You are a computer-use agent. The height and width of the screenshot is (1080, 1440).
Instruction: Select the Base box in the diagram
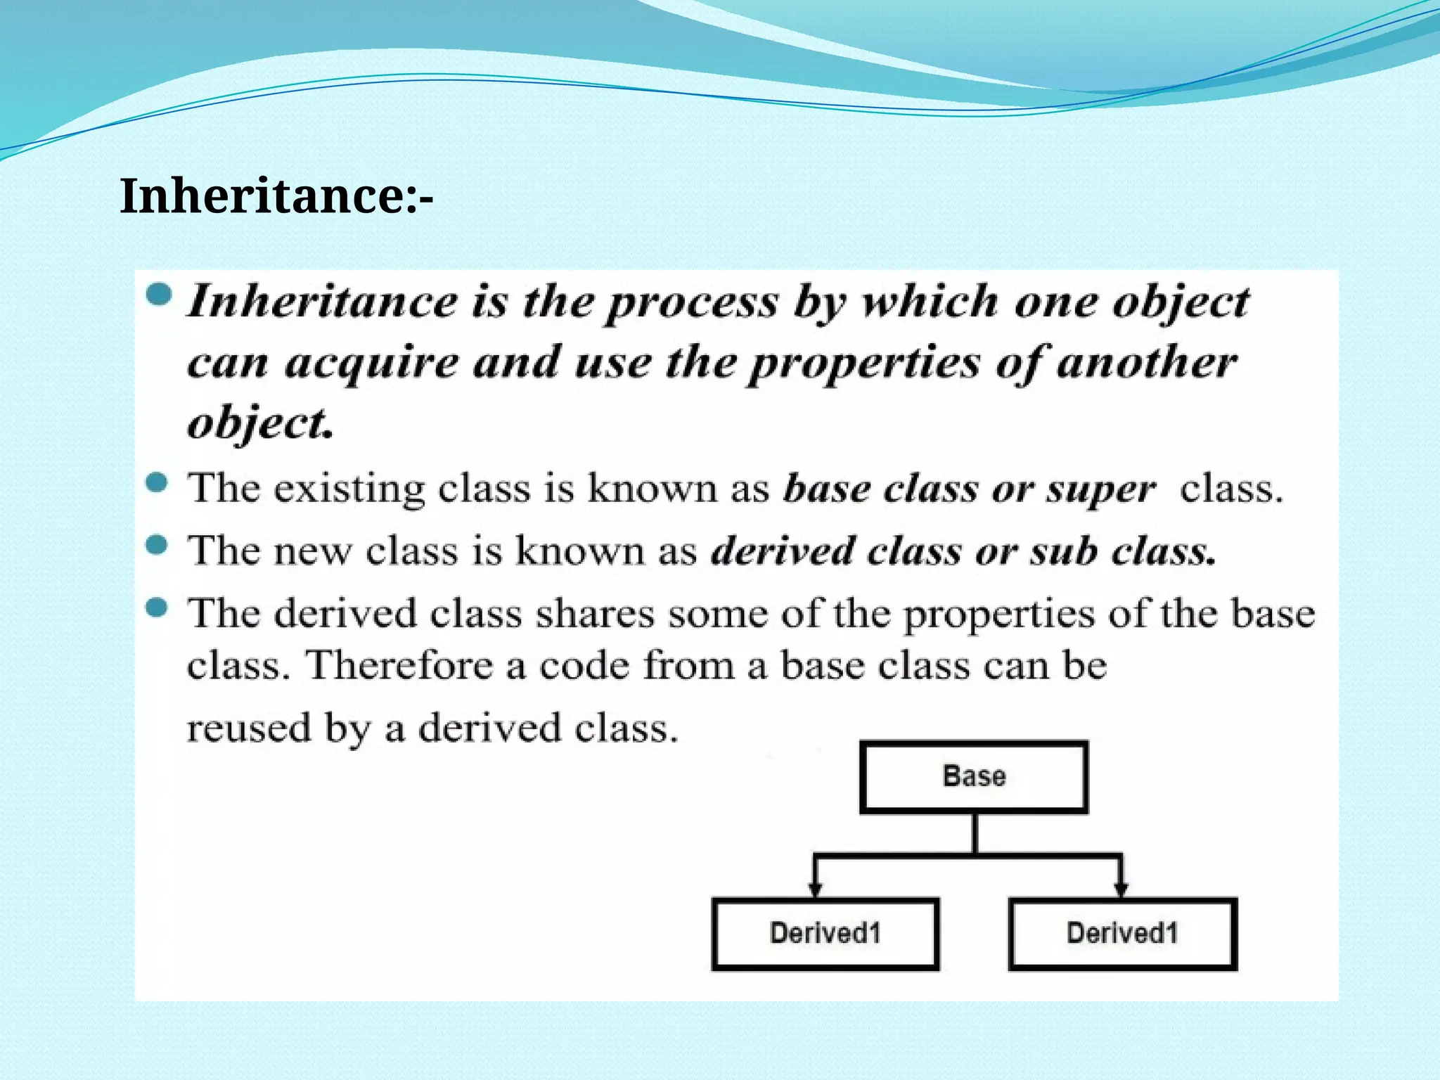click(x=974, y=777)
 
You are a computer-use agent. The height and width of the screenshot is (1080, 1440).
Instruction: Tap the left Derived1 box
click(x=825, y=934)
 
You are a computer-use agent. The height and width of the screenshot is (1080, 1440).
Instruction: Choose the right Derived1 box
click(x=1122, y=934)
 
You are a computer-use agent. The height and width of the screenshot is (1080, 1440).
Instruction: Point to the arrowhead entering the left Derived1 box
click(x=815, y=889)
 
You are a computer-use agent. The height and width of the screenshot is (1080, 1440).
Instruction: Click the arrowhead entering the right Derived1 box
click(x=1121, y=889)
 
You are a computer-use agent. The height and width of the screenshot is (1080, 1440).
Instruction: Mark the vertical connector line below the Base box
click(x=975, y=834)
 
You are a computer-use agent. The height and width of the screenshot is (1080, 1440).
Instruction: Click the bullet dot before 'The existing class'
click(x=157, y=483)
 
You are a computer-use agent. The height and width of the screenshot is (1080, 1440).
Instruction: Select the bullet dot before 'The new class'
click(x=157, y=545)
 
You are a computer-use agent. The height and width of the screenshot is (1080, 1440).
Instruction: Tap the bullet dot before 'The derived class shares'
click(x=157, y=607)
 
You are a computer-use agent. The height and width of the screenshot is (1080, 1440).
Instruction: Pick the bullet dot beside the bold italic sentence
click(x=160, y=295)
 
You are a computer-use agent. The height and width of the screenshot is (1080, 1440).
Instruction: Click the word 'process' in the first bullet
click(x=693, y=304)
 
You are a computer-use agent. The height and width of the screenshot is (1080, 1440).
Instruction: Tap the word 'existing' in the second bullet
click(x=349, y=488)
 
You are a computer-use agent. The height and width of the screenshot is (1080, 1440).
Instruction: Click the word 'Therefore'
click(x=399, y=664)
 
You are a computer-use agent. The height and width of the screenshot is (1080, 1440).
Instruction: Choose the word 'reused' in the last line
click(x=248, y=728)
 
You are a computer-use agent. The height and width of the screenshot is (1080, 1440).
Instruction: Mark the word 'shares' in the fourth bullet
click(x=595, y=613)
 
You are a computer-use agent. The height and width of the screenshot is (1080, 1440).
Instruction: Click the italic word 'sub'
click(x=1063, y=551)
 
